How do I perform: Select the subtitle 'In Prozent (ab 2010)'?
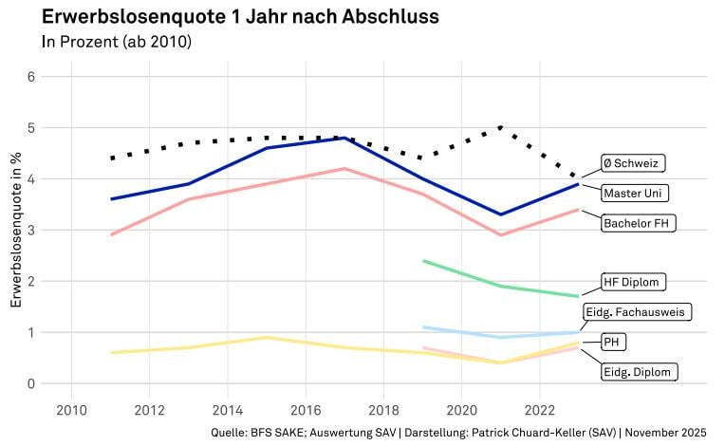117,42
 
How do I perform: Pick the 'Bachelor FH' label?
639,223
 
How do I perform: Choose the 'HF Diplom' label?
633,282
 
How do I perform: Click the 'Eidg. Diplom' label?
638,371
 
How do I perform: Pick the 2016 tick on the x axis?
305,409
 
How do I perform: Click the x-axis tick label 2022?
539,409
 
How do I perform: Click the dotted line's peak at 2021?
500,127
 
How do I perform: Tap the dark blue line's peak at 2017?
344,138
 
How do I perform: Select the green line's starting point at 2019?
423,261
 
